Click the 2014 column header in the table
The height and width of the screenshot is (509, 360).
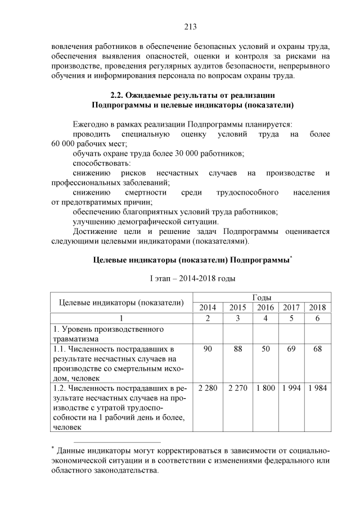[208, 307]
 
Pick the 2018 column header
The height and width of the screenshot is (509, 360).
[318, 307]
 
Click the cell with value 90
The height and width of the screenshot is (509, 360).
[208, 349]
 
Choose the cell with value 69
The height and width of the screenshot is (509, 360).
[291, 349]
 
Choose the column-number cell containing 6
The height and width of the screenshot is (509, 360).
[318, 318]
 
